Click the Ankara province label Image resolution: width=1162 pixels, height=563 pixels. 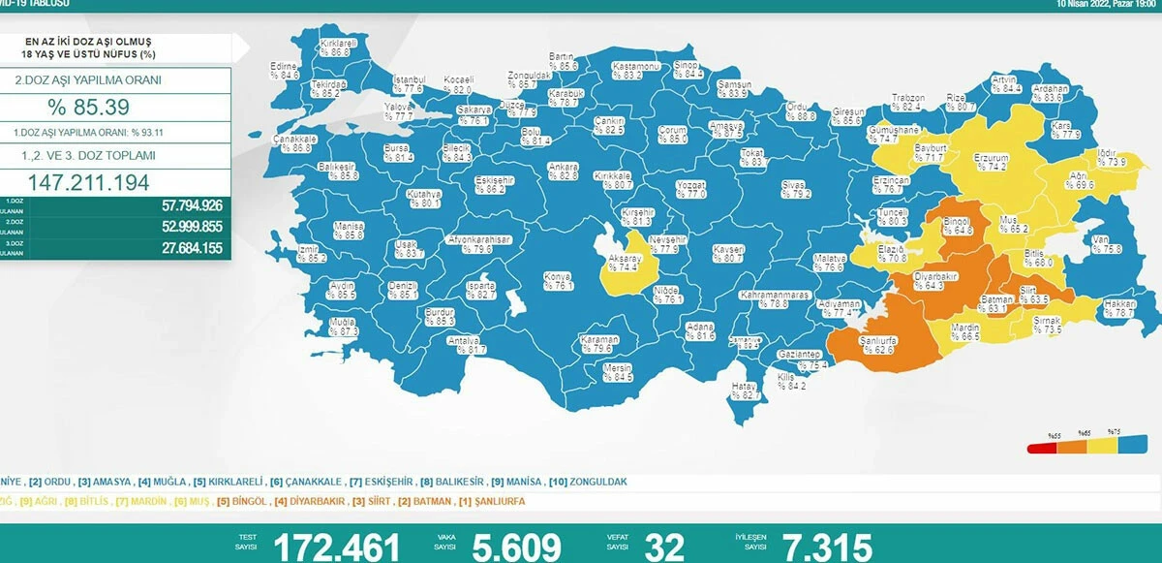[x=563, y=171]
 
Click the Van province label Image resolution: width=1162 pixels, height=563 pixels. [x=1099, y=244]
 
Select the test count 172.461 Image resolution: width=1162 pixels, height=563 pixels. [x=337, y=547]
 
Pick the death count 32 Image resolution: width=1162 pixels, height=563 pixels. [x=669, y=547]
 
